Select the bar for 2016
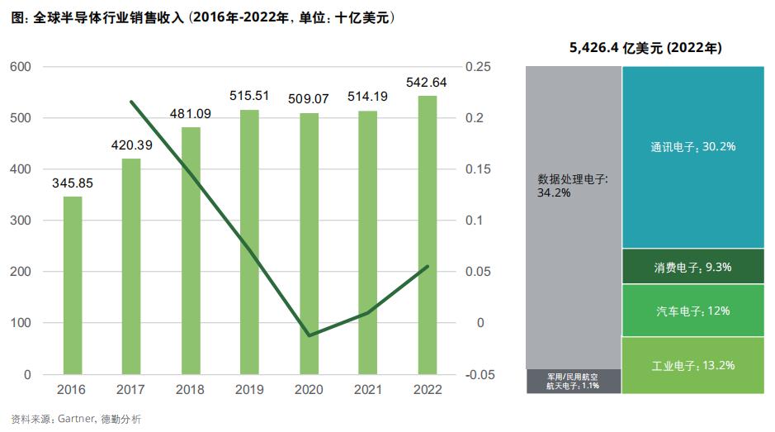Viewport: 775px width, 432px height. pos(73,285)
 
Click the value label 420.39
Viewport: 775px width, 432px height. pos(132,145)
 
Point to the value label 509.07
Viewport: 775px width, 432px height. pos(309,99)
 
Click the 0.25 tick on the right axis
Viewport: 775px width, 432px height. pos(479,67)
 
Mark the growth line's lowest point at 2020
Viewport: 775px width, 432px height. pos(309,335)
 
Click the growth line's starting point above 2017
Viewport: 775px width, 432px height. pos(132,102)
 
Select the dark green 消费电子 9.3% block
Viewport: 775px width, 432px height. pos(692,267)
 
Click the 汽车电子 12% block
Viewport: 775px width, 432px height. pos(692,311)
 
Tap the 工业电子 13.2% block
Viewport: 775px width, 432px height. pos(692,365)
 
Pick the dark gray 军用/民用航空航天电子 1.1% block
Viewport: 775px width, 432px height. pos(573,381)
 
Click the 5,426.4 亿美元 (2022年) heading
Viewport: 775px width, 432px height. pos(645,49)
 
